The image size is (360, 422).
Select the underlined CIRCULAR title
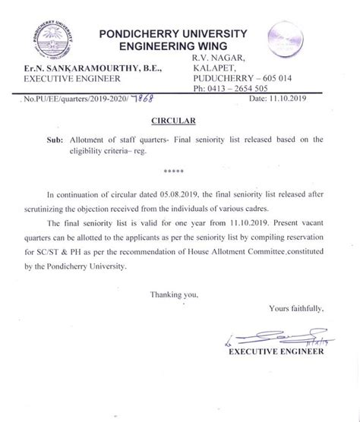point(178,120)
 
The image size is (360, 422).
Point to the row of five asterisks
point(178,172)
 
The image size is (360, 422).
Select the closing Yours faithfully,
point(296,308)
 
